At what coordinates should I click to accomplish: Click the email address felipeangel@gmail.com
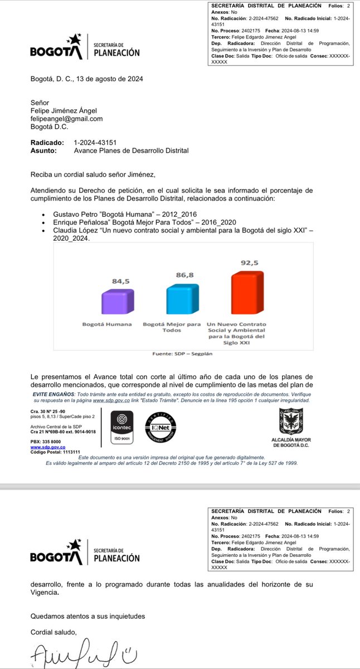66,119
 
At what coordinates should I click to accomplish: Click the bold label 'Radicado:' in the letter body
47,143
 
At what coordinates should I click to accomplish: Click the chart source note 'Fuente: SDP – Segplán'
180,353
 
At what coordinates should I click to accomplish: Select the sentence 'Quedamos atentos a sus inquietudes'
87,616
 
